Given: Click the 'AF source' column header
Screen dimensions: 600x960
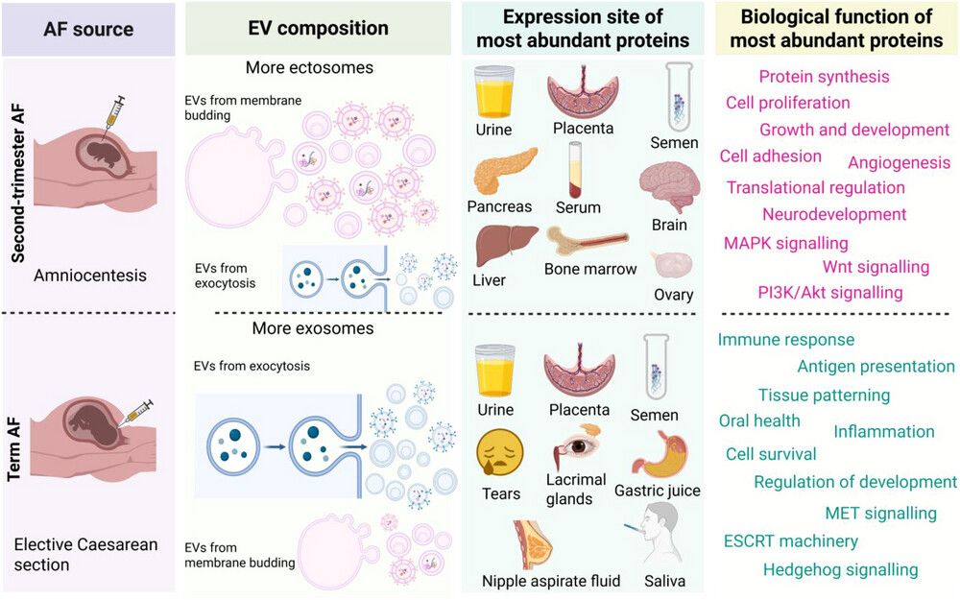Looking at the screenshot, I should coord(87,28).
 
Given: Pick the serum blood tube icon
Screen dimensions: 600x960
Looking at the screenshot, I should coord(576,168).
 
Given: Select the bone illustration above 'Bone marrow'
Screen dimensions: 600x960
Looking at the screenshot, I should coord(588,240).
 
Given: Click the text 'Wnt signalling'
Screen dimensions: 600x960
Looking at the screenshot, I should coord(876,267).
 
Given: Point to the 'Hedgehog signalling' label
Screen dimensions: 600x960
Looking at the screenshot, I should coord(840,570).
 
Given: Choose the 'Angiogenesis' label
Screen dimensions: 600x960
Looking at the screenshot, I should coord(899,162).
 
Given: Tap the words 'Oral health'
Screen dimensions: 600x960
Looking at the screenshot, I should coord(759,420).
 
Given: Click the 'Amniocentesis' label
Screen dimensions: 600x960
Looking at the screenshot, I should coord(89,276).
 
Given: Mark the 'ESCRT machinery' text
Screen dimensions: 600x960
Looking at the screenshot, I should coord(791,541).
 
